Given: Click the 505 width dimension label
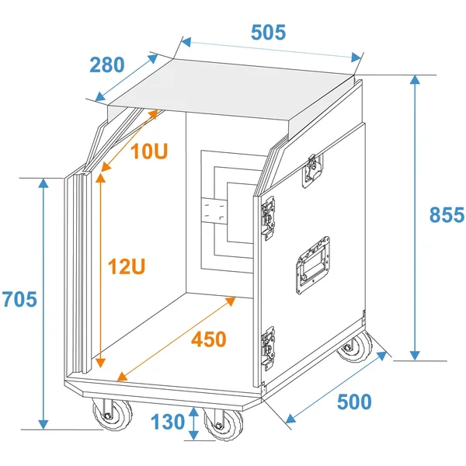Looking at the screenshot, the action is [x=268, y=32].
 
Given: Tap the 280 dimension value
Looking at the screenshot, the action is [x=107, y=64].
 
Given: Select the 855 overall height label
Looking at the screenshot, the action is [x=447, y=214].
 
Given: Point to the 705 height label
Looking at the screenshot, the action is [x=19, y=299].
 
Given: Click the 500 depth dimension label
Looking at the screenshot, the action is [x=354, y=402].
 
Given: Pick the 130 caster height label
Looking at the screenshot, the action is [x=168, y=422].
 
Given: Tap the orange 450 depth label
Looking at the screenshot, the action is [x=209, y=339].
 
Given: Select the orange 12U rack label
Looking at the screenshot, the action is [x=127, y=266].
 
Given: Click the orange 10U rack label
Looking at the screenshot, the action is [x=149, y=151].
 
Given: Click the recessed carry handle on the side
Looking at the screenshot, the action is [x=312, y=265].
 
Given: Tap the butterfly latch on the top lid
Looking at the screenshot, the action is [x=312, y=171].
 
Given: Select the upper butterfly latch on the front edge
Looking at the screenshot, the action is [x=268, y=217].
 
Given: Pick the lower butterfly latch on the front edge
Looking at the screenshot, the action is [x=268, y=348].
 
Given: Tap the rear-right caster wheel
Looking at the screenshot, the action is [x=355, y=347].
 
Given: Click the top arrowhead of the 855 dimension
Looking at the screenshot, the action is [x=415, y=80].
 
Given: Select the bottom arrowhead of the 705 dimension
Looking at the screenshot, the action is [x=43, y=425].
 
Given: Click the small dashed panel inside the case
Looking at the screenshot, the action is [x=214, y=210].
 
